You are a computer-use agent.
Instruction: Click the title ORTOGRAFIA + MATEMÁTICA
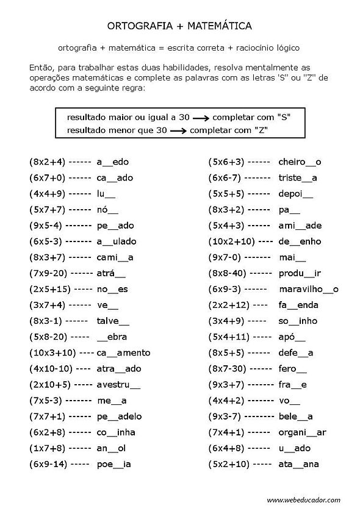[x=179, y=26]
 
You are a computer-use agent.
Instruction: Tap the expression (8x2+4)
[x=46, y=162]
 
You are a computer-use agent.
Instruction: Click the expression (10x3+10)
[x=52, y=352]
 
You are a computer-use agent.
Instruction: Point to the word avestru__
[x=118, y=384]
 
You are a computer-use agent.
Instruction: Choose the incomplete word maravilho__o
[x=308, y=289]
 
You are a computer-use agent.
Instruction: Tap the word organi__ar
[x=302, y=432]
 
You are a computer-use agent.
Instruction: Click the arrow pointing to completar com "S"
[x=195, y=115]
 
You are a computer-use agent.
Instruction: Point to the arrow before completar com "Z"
[x=178, y=130]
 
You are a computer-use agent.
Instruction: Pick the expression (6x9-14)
[x=49, y=463]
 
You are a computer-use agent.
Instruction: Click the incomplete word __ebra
[x=111, y=337]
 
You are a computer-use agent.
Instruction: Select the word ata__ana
[x=299, y=463]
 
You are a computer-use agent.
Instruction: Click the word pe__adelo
[x=119, y=416]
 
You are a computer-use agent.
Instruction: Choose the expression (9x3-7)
[x=226, y=416]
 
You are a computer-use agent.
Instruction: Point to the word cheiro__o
[x=300, y=162]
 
